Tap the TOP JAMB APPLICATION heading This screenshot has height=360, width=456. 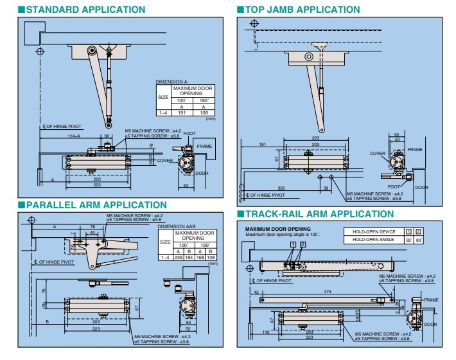pyautogui.click(x=302, y=10)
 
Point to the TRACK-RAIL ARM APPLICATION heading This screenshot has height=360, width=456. pyautogui.click(x=319, y=213)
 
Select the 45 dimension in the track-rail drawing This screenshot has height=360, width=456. pyautogui.click(x=256, y=292)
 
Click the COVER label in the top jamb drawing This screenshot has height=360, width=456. pyautogui.click(x=378, y=154)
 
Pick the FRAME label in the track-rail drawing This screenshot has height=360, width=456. pyautogui.click(x=430, y=300)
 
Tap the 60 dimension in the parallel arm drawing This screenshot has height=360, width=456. pyautogui.click(x=93, y=233)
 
